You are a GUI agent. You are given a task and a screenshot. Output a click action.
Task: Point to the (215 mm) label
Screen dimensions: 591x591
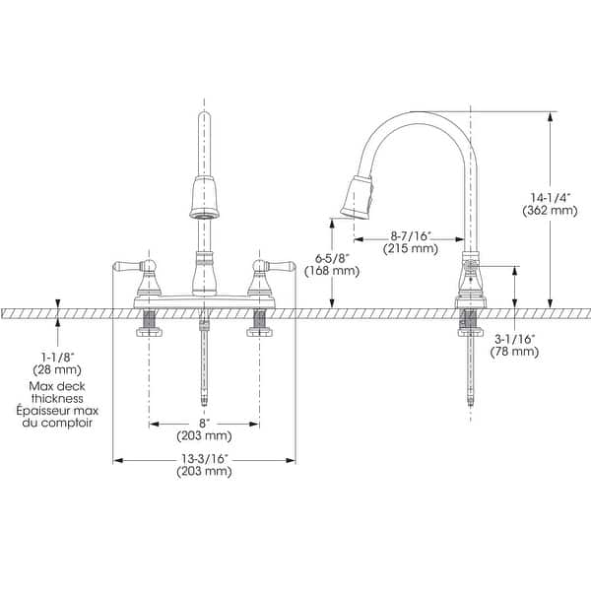410,250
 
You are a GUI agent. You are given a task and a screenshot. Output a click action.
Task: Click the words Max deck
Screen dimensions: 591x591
57,384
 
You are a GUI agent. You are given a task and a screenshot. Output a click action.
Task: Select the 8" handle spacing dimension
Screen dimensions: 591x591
205,423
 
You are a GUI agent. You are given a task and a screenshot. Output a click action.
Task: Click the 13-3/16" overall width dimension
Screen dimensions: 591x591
205,458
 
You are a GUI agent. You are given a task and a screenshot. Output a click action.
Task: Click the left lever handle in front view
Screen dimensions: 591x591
133,266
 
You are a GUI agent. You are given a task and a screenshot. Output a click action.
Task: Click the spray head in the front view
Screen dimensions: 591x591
204,196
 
